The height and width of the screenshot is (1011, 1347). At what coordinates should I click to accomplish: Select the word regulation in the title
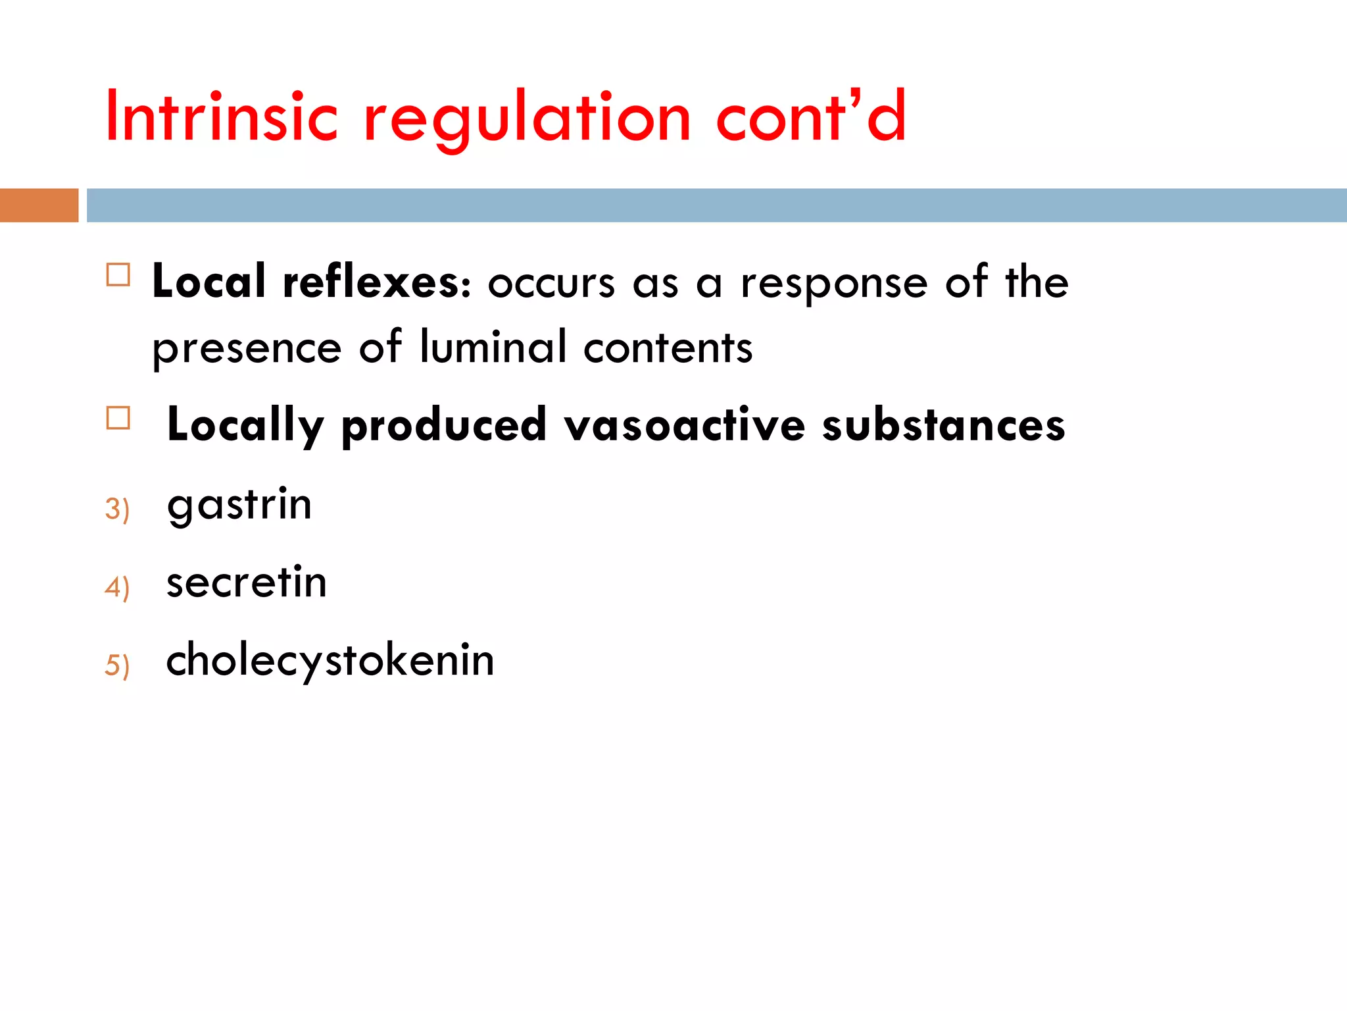[x=527, y=118]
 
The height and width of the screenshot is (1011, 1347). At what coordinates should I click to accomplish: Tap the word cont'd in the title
[x=811, y=117]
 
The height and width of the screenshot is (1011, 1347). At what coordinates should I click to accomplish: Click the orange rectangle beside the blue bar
[x=39, y=205]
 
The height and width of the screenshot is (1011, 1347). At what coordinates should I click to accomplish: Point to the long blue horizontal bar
[x=716, y=205]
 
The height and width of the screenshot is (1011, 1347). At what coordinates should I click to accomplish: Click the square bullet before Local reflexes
[x=118, y=274]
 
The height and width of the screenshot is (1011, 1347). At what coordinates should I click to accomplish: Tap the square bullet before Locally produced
[x=118, y=418]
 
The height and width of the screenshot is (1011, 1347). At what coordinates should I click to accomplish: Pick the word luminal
[x=493, y=347]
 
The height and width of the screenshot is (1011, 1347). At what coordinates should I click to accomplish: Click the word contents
[x=668, y=348]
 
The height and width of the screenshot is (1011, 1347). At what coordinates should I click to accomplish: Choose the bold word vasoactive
[x=685, y=425]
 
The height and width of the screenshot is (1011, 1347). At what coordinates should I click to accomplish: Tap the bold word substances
[x=943, y=425]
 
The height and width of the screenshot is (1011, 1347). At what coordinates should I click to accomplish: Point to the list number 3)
[x=117, y=509]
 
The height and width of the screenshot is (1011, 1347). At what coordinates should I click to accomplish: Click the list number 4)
[x=117, y=587]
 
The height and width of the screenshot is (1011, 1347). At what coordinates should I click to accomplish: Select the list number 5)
[x=117, y=665]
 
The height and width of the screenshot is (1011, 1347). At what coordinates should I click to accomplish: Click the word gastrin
[x=239, y=505]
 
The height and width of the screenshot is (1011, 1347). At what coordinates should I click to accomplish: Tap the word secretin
[x=247, y=583]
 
